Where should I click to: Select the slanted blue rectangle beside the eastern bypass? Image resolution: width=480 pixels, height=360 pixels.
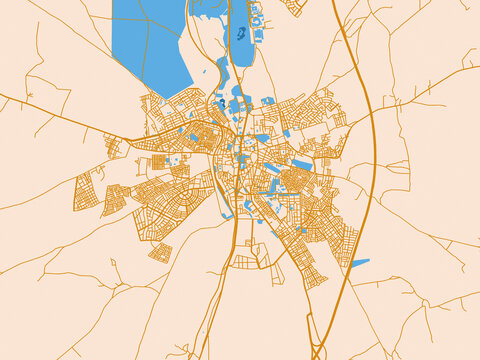click(359, 263)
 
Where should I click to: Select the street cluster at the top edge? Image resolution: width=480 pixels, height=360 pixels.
click(294, 6)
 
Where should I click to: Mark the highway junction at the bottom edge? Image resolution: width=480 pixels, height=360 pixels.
click(318, 352)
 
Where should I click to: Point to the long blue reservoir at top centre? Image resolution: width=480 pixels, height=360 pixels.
click(239, 45)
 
